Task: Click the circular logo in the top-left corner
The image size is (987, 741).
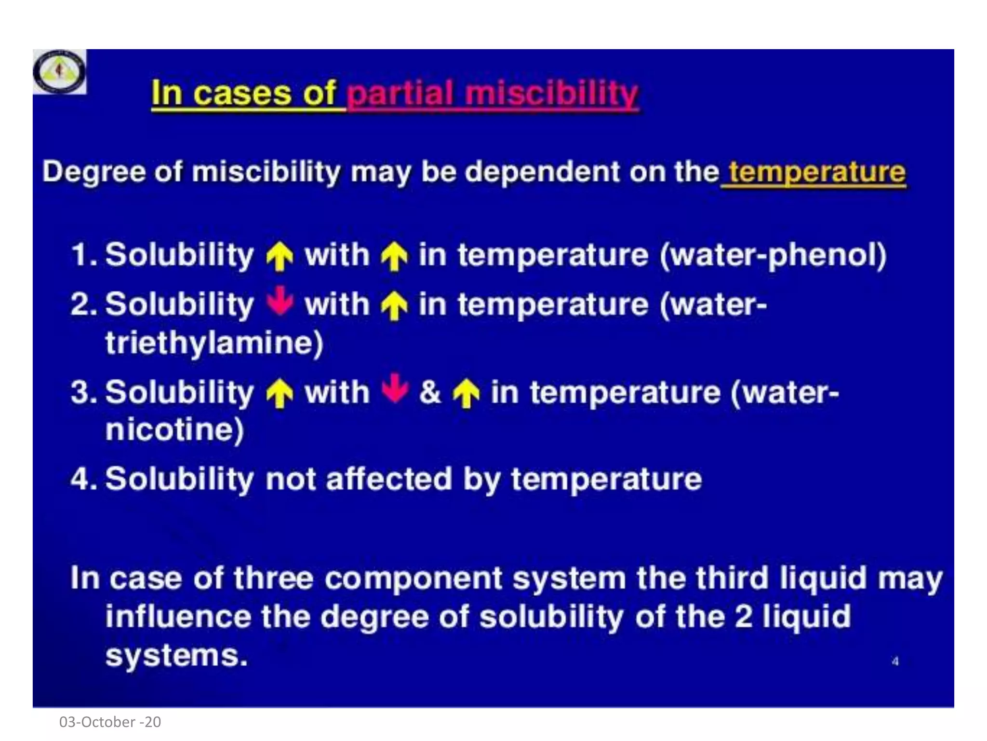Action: [x=59, y=72]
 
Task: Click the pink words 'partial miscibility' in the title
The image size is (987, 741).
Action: [x=493, y=93]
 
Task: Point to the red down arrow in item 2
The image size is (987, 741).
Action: [x=280, y=301]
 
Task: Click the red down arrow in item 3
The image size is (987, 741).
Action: [x=395, y=388]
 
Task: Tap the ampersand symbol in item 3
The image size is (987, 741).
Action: [x=429, y=392]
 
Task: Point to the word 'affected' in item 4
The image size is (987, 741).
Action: [x=389, y=479]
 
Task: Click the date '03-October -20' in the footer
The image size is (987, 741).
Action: [x=110, y=722]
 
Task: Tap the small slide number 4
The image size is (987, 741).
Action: [x=895, y=661]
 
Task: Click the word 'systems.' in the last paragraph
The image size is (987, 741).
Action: [x=176, y=656]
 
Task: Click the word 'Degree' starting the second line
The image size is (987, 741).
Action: [x=93, y=172]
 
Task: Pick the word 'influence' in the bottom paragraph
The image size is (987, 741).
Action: [x=178, y=617]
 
